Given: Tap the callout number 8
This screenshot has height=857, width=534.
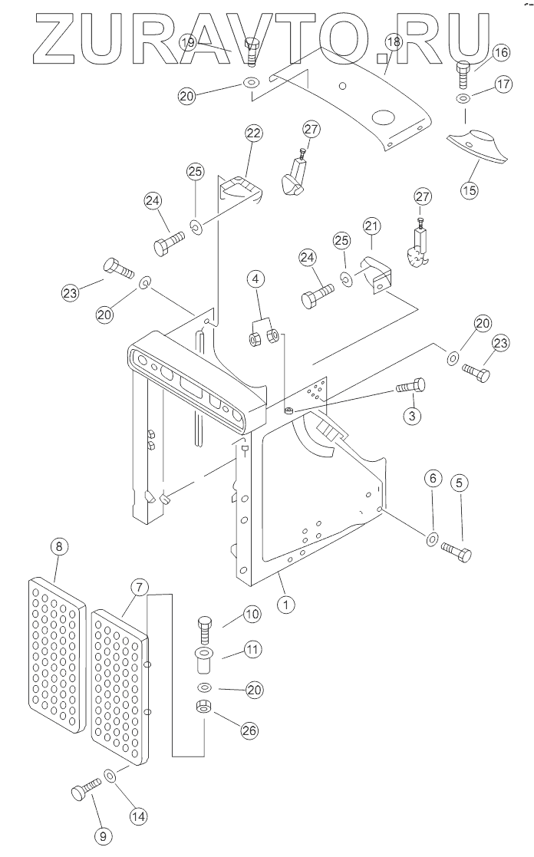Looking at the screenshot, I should click(58, 547).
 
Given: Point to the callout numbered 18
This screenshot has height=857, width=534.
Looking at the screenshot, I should click(392, 41).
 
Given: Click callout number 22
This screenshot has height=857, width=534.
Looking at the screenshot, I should click(254, 133).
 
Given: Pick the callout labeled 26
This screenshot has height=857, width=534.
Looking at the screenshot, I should click(248, 730).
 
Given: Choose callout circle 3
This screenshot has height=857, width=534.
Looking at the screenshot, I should click(412, 416).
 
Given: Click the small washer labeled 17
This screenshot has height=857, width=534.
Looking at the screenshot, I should click(463, 101).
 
